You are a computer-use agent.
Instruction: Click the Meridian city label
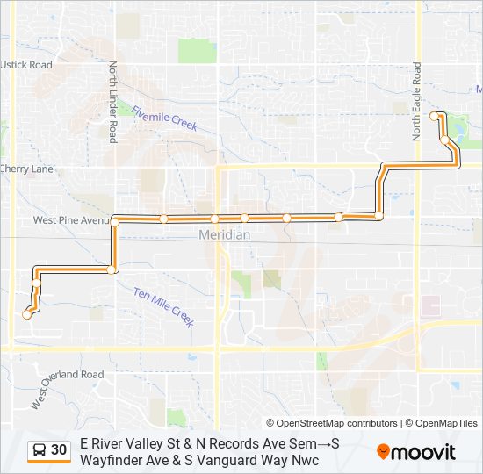click(224, 235)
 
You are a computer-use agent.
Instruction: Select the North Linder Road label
click(112, 102)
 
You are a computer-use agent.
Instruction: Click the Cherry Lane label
click(26, 169)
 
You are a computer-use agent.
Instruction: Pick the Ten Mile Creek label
click(163, 306)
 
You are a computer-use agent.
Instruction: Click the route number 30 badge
click(59, 450)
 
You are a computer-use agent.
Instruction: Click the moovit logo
click(416, 452)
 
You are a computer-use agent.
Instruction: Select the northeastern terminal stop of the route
click(434, 116)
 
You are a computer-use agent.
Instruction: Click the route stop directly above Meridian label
click(214, 219)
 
